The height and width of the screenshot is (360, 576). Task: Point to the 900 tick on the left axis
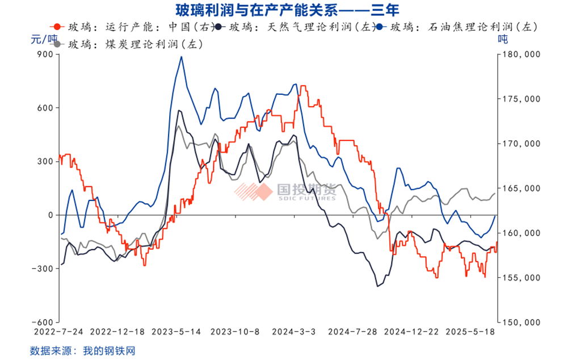(x=45, y=55)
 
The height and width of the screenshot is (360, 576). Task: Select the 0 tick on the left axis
(x=50, y=215)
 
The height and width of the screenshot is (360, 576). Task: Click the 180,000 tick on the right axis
(x=520, y=55)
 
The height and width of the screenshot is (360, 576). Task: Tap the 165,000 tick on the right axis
(x=520, y=189)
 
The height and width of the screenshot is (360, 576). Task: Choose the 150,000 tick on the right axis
(x=520, y=322)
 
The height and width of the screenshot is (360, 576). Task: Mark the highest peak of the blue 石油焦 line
(x=181, y=57)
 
